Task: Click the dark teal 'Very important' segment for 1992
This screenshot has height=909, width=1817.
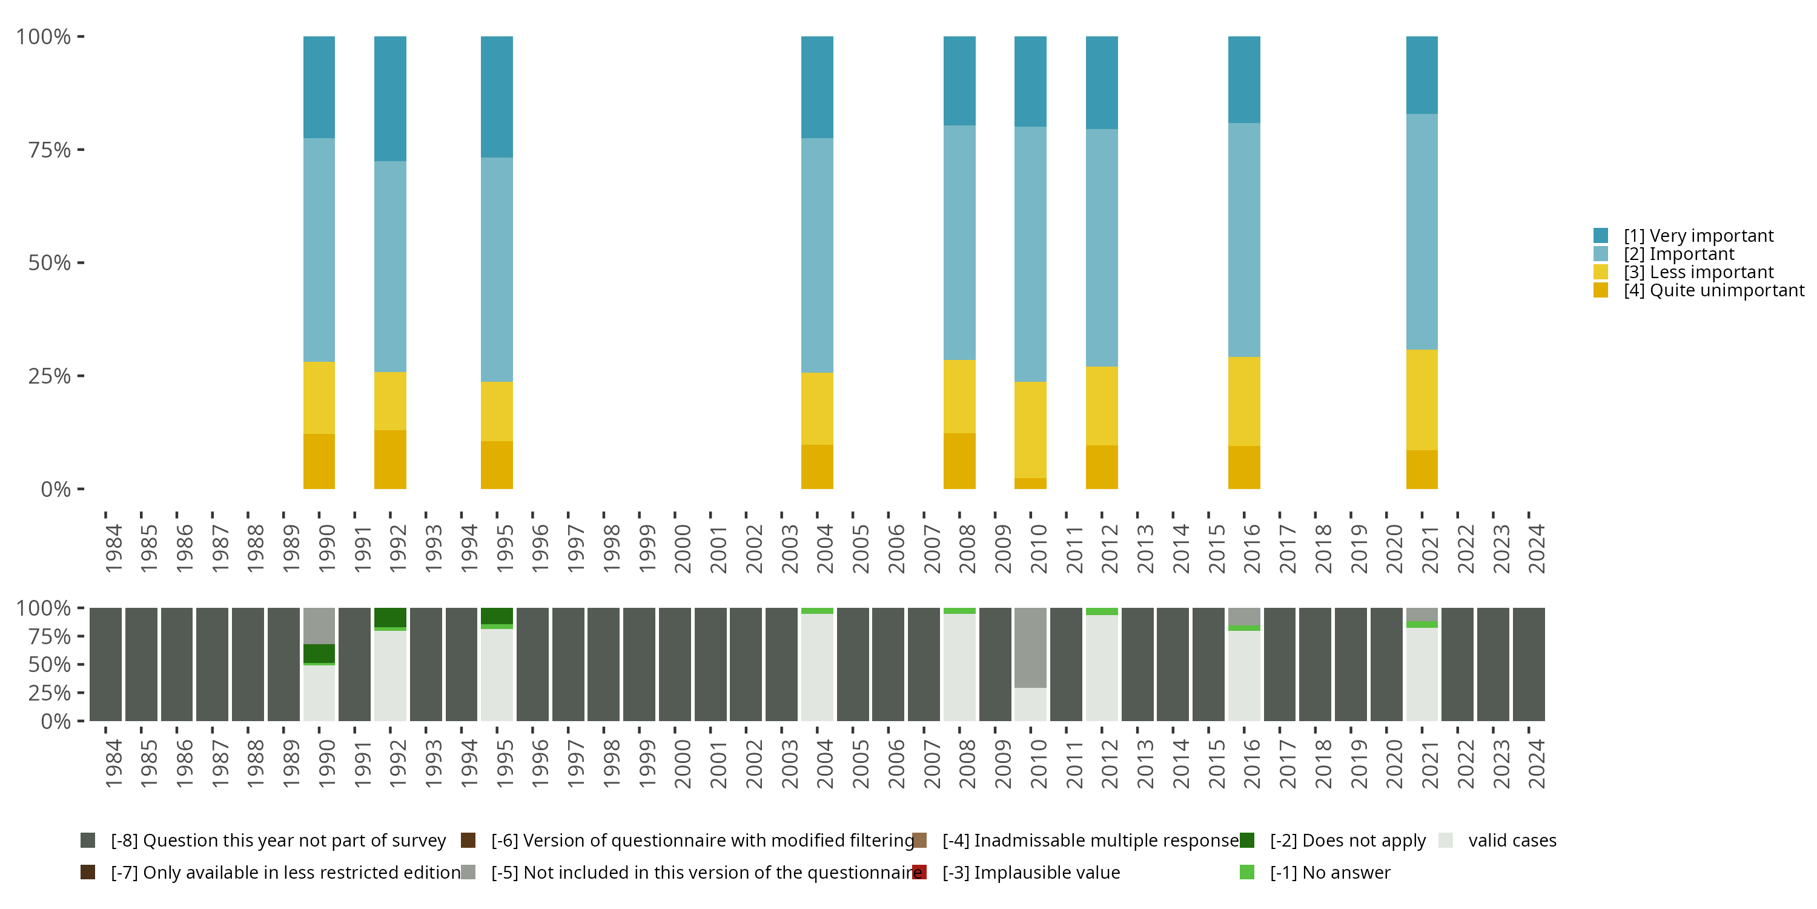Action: tap(390, 99)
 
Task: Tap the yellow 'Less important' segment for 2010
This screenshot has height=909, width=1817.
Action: tap(1030, 430)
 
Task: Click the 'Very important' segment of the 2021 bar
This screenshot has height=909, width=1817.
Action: tap(1421, 75)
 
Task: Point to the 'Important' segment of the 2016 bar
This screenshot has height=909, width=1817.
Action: tap(1243, 240)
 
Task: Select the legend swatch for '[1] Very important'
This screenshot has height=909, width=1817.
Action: tap(1600, 236)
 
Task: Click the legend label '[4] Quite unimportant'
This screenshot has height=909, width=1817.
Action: tap(1713, 291)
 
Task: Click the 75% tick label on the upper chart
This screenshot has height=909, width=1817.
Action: tap(50, 150)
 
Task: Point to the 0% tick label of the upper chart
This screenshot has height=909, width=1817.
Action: tap(56, 489)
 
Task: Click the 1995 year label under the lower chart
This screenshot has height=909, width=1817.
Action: tap(505, 764)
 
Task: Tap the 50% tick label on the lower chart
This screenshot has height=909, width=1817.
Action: tap(50, 665)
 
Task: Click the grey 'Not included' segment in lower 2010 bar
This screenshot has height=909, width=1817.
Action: tap(1030, 647)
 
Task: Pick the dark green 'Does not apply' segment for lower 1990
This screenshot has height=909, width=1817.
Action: tap(319, 653)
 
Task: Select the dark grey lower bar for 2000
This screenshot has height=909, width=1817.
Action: tap(675, 664)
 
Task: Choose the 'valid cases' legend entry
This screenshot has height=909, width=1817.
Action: tap(1512, 841)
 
